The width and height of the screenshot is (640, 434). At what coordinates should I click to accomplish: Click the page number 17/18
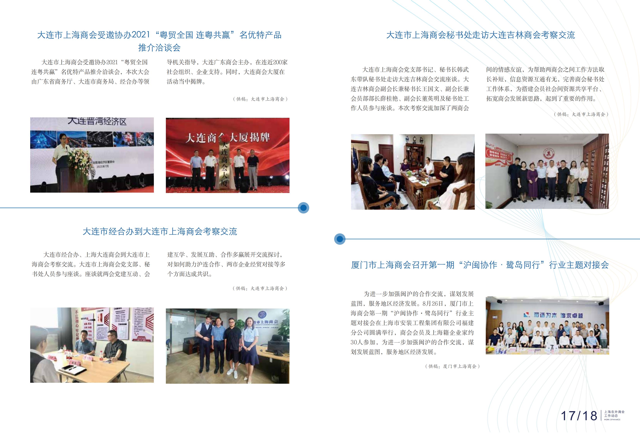(579, 416)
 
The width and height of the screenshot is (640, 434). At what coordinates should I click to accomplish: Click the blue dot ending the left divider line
(303, 208)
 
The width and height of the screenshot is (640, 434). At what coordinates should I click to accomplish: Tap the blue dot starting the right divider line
(340, 239)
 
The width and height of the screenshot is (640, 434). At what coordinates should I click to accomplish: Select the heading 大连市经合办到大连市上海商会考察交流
(160, 232)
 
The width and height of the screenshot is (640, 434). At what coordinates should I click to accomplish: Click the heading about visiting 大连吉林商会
(481, 35)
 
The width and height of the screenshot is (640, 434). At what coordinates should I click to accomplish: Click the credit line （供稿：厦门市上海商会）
(452, 366)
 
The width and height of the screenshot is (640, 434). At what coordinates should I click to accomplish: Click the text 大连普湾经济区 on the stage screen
(97, 121)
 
